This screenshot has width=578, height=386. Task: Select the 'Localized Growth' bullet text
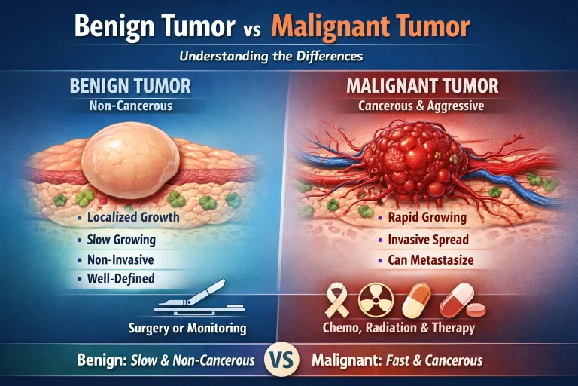pos(132,218)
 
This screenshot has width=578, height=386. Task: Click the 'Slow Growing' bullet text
pos(120,240)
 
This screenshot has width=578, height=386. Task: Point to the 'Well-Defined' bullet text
pos(120,279)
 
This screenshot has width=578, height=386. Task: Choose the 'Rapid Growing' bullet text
pos(427,218)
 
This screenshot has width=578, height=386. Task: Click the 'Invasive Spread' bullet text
pos(428,240)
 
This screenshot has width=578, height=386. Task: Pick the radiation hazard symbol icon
pos(372,301)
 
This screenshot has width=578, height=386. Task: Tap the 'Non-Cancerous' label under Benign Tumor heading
pos(132,106)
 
